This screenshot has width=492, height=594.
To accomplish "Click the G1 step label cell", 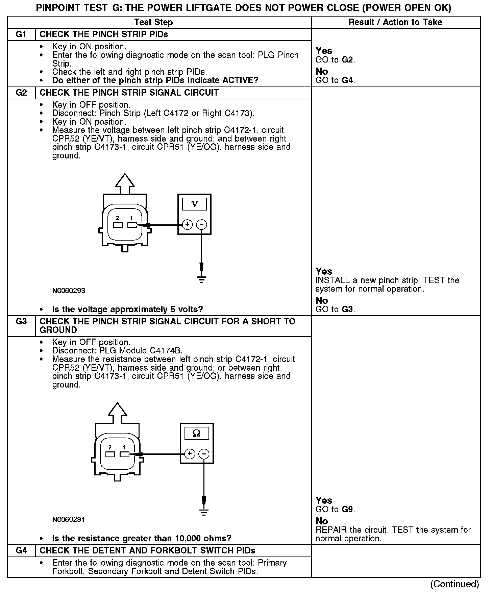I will [x=21, y=34].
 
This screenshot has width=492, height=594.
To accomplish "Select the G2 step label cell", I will [x=21, y=93].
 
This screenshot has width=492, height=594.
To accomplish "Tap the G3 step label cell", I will [x=21, y=322].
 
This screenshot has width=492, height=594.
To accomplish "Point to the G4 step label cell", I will [x=21, y=551].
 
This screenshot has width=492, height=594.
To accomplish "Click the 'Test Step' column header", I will [x=153, y=22].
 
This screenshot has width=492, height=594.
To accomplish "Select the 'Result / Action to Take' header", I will [x=395, y=22].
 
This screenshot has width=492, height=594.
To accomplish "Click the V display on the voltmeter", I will [x=194, y=204].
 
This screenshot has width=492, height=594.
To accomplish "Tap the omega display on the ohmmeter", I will [x=196, y=433].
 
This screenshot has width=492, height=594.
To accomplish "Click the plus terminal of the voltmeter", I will [x=187, y=224].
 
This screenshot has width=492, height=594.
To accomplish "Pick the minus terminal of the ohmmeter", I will [x=204, y=454].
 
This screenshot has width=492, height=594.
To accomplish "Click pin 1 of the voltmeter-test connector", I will [x=131, y=225].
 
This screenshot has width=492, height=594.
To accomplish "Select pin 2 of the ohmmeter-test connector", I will [x=110, y=454].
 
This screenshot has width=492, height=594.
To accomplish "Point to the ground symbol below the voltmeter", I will [x=201, y=279].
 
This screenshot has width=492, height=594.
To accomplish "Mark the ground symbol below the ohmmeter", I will [x=204, y=512].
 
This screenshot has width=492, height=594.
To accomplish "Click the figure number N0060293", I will [x=69, y=291].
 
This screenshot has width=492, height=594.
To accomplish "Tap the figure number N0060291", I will [x=69, y=520].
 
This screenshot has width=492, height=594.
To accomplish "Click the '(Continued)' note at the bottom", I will [x=454, y=584].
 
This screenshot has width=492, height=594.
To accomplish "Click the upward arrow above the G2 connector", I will [x=125, y=184].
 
